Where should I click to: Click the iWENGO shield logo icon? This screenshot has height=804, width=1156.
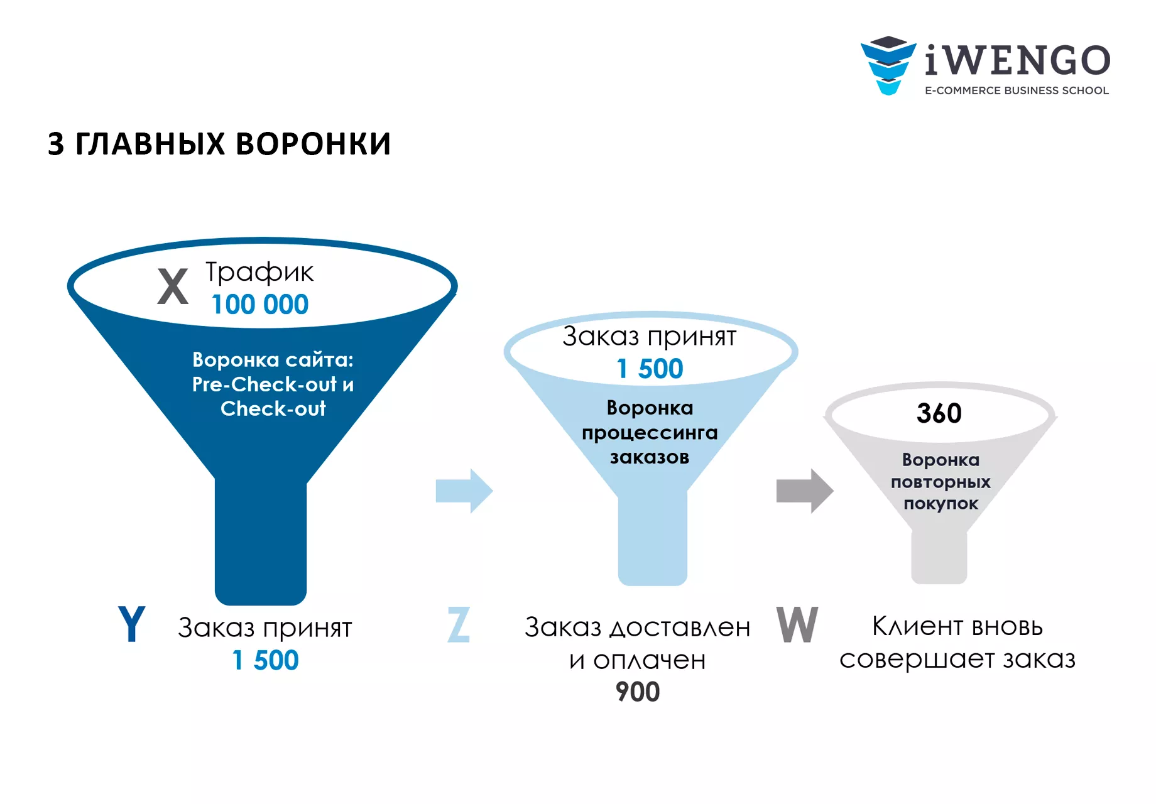pos(888,65)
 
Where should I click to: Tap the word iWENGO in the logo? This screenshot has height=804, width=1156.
pos(1018,60)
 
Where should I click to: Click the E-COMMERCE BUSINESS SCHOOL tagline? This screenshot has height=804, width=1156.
pos(1017,90)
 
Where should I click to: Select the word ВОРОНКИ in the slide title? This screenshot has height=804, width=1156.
pos(314,144)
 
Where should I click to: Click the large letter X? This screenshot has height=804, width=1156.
pos(173,286)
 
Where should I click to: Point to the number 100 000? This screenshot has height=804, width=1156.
pos(260,305)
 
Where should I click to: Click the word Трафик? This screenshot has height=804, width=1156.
pos(259,273)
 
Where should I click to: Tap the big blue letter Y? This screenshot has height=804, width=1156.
pos(131,624)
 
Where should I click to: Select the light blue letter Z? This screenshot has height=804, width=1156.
pos(459,624)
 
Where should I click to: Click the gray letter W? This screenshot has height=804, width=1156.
pos(797,624)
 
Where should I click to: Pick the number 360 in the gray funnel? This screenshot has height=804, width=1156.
pos(939,413)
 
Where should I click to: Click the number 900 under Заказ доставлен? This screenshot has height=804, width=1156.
pos(638,692)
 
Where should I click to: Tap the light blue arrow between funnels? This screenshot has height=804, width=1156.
pos(464,491)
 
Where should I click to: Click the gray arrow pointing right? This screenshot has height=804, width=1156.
pos(805,491)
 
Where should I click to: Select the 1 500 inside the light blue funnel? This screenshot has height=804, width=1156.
pos(650,369)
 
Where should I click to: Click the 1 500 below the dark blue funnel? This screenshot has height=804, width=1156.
pos(265,660)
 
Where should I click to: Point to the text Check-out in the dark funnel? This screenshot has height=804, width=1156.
pos(273,409)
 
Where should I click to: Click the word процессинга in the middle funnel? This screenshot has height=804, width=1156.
pos(650,433)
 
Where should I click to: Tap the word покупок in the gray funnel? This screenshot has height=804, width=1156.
pos(941,504)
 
